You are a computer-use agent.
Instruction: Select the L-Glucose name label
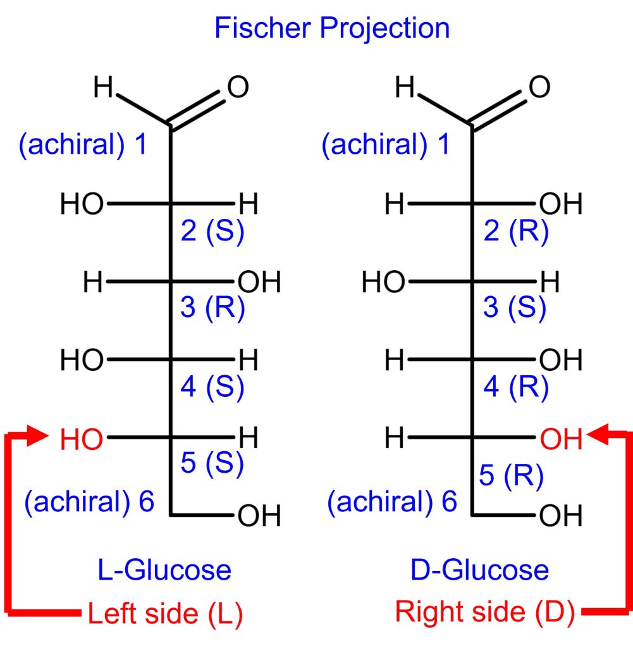(x=164, y=570)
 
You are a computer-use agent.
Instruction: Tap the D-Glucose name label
(x=479, y=570)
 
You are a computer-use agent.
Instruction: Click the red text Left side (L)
(x=165, y=613)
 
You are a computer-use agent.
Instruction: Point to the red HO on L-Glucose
(x=82, y=438)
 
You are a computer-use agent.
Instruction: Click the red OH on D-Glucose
(x=560, y=438)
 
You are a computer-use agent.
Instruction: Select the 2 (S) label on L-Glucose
(x=212, y=232)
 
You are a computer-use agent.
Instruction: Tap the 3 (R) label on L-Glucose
(x=212, y=310)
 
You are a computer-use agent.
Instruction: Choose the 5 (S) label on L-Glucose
(x=212, y=464)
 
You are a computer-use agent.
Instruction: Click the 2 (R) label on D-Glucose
(x=515, y=232)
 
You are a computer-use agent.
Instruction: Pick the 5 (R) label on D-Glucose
(x=511, y=476)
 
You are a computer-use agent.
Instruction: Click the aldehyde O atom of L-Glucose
(x=238, y=88)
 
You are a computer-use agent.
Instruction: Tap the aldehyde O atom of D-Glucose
(x=539, y=88)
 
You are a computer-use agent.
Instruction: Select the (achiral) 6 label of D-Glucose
(x=392, y=502)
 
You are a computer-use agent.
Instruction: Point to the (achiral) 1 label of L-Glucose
(x=83, y=145)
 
